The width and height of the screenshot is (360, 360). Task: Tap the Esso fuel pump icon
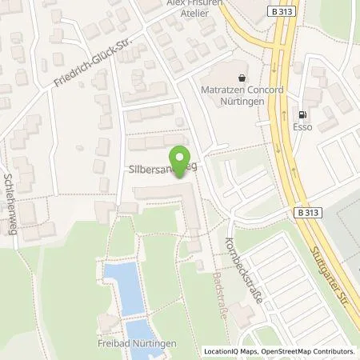(x=303, y=114)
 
